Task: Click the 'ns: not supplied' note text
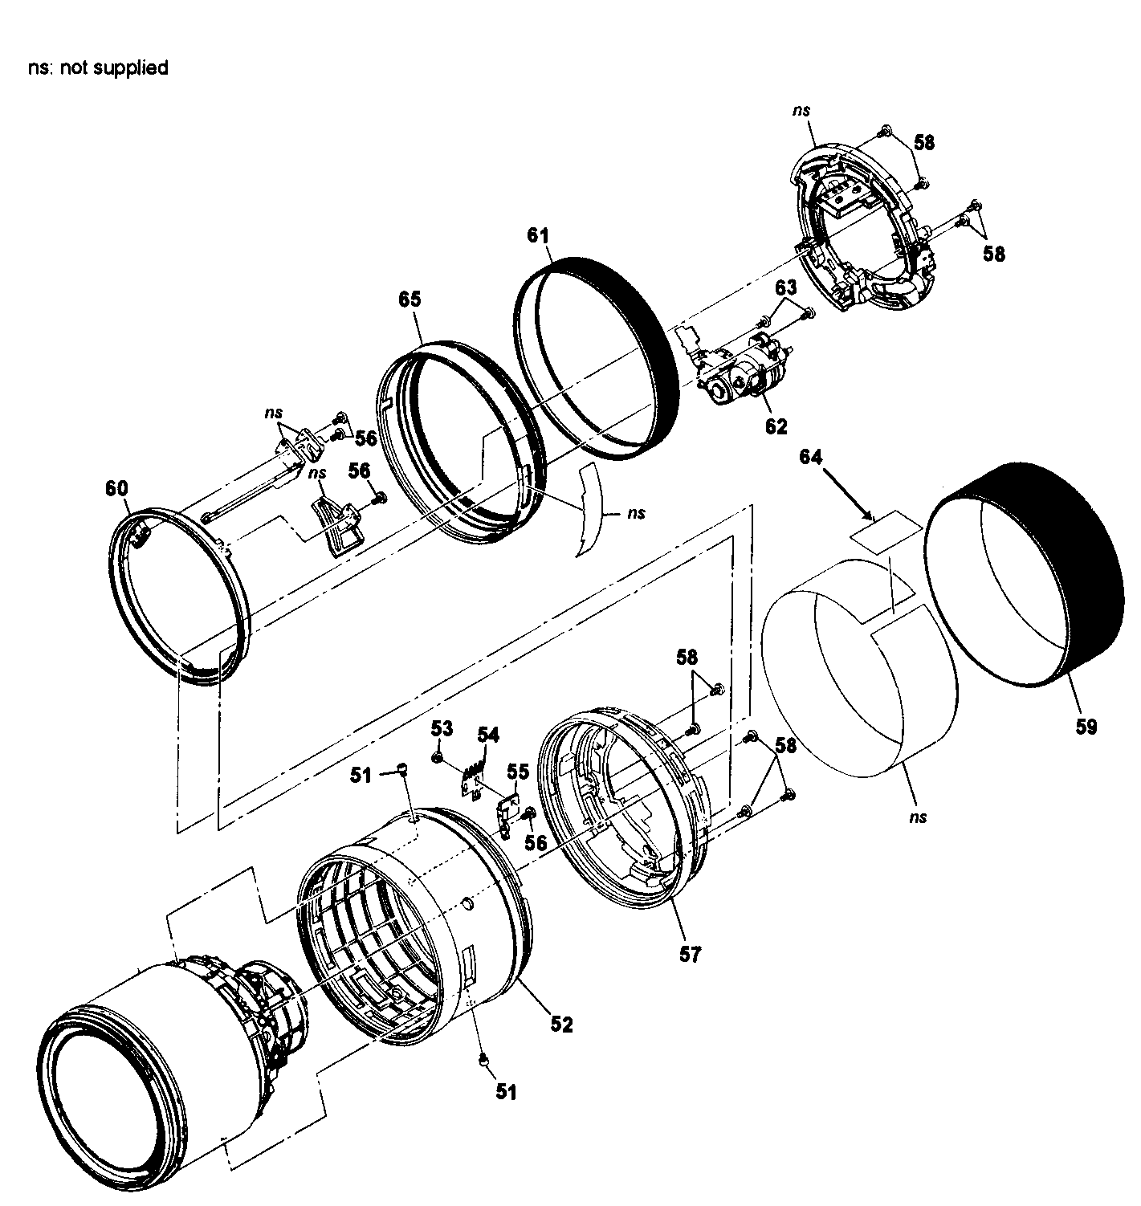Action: (x=97, y=68)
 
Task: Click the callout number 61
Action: (x=538, y=236)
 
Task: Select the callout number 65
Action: (x=410, y=299)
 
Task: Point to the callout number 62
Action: (x=776, y=426)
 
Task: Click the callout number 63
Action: (x=785, y=287)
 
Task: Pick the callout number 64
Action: (x=811, y=457)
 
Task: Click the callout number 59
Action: (x=1086, y=727)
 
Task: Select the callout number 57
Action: (x=690, y=954)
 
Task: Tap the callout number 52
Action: (x=561, y=1025)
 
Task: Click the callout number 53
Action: (x=442, y=728)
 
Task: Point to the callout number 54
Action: (x=488, y=734)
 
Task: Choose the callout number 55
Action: (x=518, y=772)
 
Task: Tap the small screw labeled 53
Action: (x=438, y=757)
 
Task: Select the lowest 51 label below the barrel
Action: (x=506, y=1092)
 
